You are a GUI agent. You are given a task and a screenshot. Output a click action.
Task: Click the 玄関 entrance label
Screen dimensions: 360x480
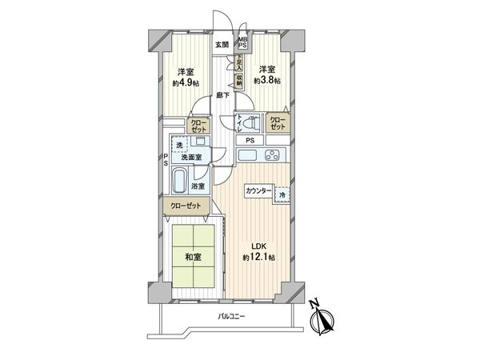pos(220,45)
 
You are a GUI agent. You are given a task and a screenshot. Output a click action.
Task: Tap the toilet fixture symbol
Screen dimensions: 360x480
pos(250,123)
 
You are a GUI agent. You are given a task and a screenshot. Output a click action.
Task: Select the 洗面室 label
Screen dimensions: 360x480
pos(189,158)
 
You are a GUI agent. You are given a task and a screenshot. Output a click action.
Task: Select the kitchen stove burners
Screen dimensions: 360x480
pos(273,154)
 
